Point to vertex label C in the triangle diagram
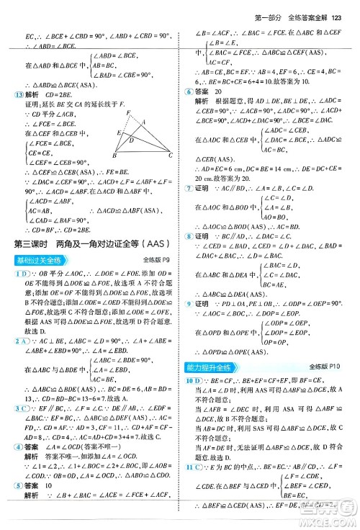coord(171,156)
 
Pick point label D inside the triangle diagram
coord(130,140)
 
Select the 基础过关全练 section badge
coord(35,261)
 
